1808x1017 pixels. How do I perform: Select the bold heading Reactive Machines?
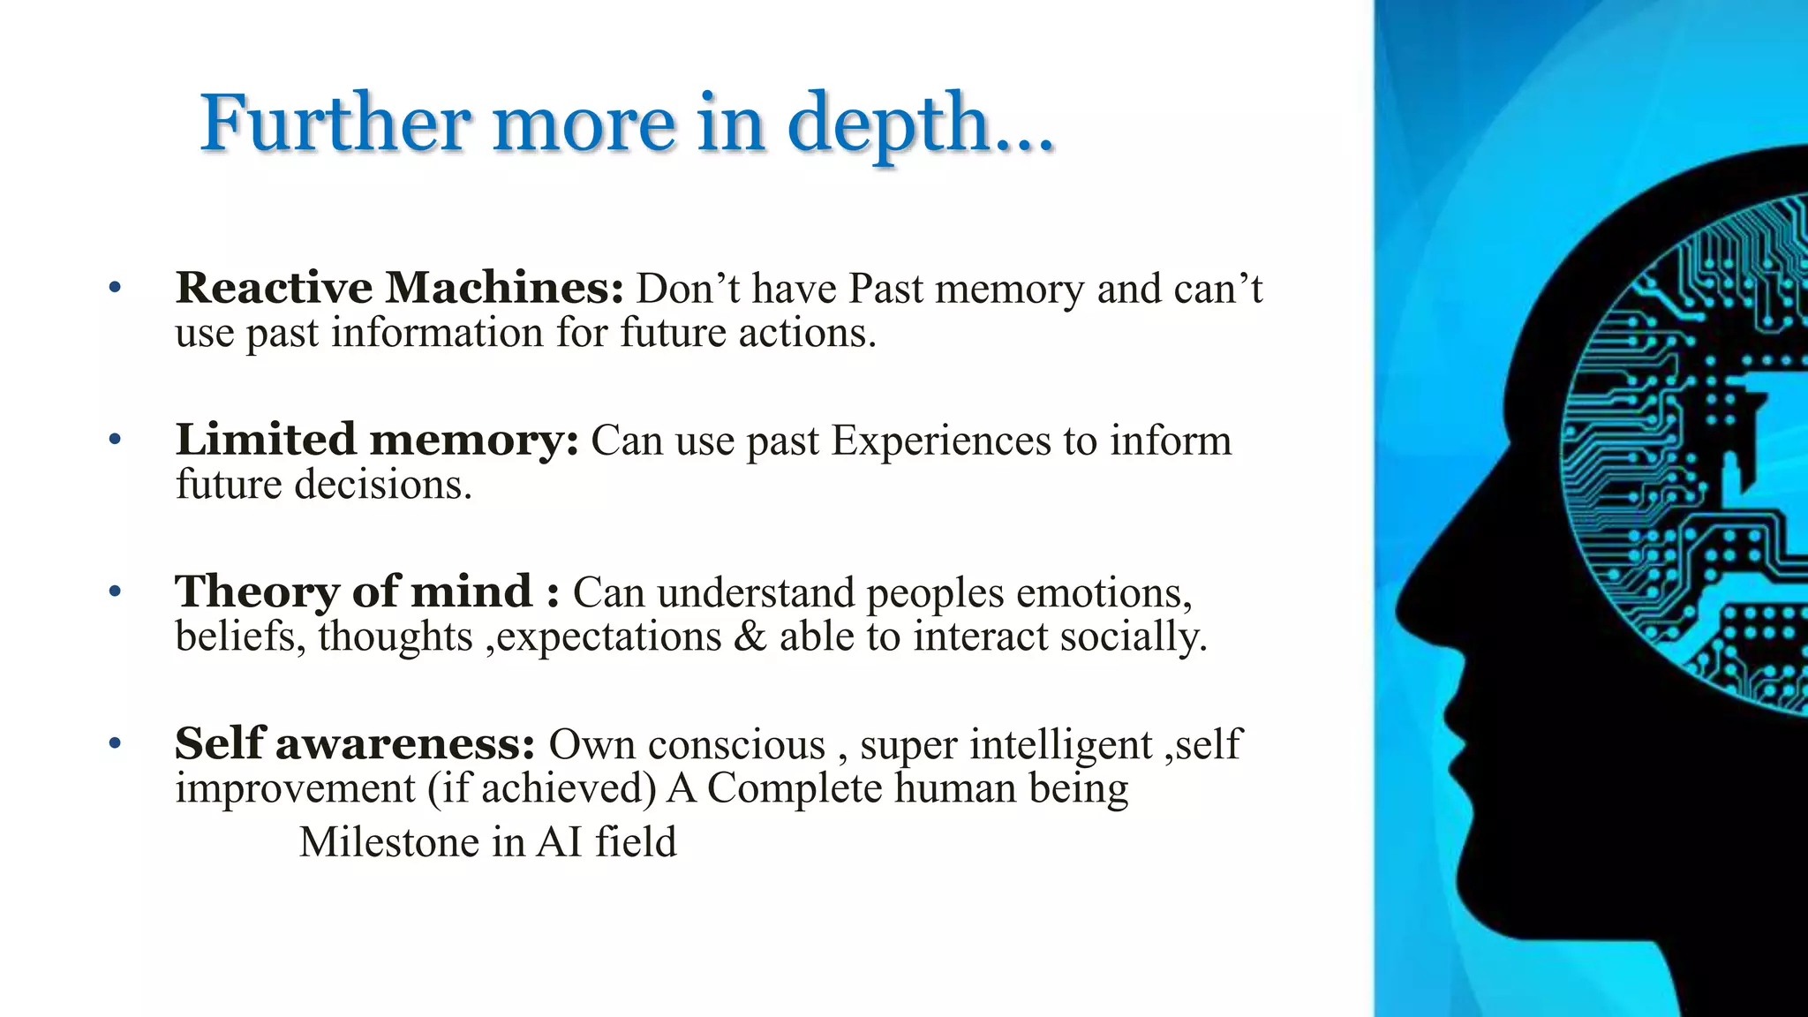(x=399, y=288)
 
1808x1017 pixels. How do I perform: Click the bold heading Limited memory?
(x=377, y=440)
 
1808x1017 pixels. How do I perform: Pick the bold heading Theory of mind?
(x=354, y=591)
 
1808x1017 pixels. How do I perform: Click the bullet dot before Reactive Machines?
(x=114, y=288)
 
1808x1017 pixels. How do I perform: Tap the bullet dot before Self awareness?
(x=114, y=743)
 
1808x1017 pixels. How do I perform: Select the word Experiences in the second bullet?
(x=941, y=441)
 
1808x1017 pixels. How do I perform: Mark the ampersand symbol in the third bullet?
(x=750, y=637)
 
